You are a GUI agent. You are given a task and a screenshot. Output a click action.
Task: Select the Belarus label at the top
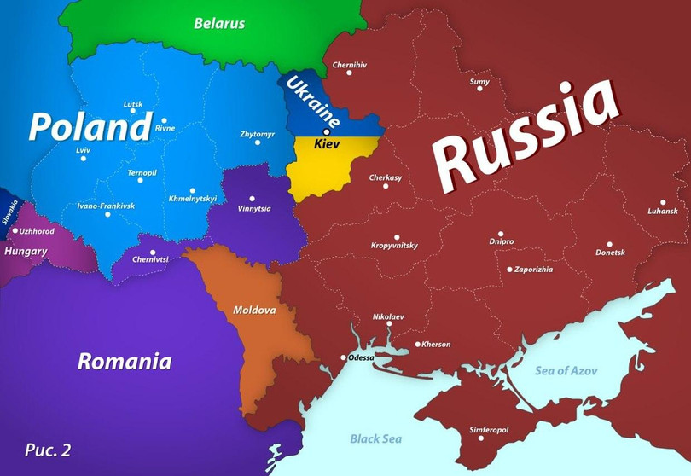tap(219, 23)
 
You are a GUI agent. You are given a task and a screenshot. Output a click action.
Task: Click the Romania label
tap(125, 361)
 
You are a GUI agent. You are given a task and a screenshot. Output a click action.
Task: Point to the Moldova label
tap(254, 310)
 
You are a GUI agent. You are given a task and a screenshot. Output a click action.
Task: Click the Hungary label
tap(26, 252)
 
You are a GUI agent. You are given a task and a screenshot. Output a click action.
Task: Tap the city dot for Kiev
tap(327, 132)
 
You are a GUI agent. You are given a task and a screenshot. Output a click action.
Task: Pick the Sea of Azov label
tap(566, 370)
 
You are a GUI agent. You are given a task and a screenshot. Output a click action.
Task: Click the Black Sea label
tap(376, 438)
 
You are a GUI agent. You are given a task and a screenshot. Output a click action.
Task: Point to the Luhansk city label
tap(663, 211)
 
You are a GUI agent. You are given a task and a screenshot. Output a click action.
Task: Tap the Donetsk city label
tap(610, 252)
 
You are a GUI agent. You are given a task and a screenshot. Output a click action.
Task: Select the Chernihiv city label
tap(349, 64)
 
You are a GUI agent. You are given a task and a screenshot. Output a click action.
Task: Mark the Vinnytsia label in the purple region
tap(254, 208)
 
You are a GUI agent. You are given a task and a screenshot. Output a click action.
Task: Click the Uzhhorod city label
tap(36, 231)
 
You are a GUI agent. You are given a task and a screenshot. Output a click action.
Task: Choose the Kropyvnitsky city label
tap(395, 246)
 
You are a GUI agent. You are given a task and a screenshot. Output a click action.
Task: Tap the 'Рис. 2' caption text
tap(48, 450)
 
